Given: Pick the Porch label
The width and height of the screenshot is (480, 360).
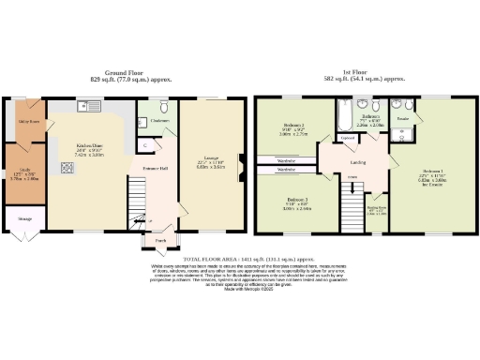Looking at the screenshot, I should point(149,240).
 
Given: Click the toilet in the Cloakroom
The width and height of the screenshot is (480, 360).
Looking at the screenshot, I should point(163,105).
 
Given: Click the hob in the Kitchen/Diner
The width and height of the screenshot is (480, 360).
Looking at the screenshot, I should point(67,169).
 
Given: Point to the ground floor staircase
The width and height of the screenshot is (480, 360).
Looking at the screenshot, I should point(139,221).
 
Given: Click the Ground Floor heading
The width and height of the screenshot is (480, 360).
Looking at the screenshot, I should point(128,71).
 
